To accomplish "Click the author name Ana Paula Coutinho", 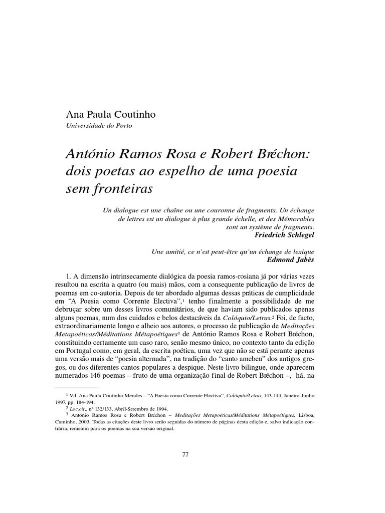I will click(111, 115).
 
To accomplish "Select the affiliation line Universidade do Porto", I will click(99, 126).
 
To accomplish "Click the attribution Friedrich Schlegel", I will click(284, 234).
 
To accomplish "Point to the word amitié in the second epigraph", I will click(176, 252).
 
